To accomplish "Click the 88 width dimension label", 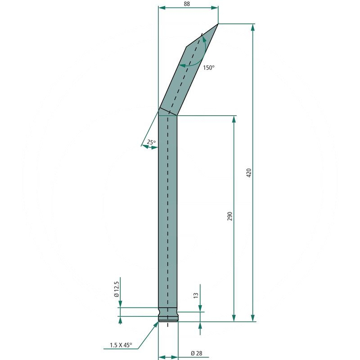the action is (187, 4).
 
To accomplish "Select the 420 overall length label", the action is (249, 173).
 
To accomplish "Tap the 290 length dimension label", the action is (230, 216).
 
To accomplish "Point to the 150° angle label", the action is (209, 67).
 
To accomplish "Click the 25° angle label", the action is (151, 142).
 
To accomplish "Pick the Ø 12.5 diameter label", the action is (117, 289).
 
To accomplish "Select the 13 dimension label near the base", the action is (196, 295).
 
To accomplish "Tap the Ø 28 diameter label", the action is (197, 353).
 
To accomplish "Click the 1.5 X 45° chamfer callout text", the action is (121, 345).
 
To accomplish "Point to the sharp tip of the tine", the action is (218, 24).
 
